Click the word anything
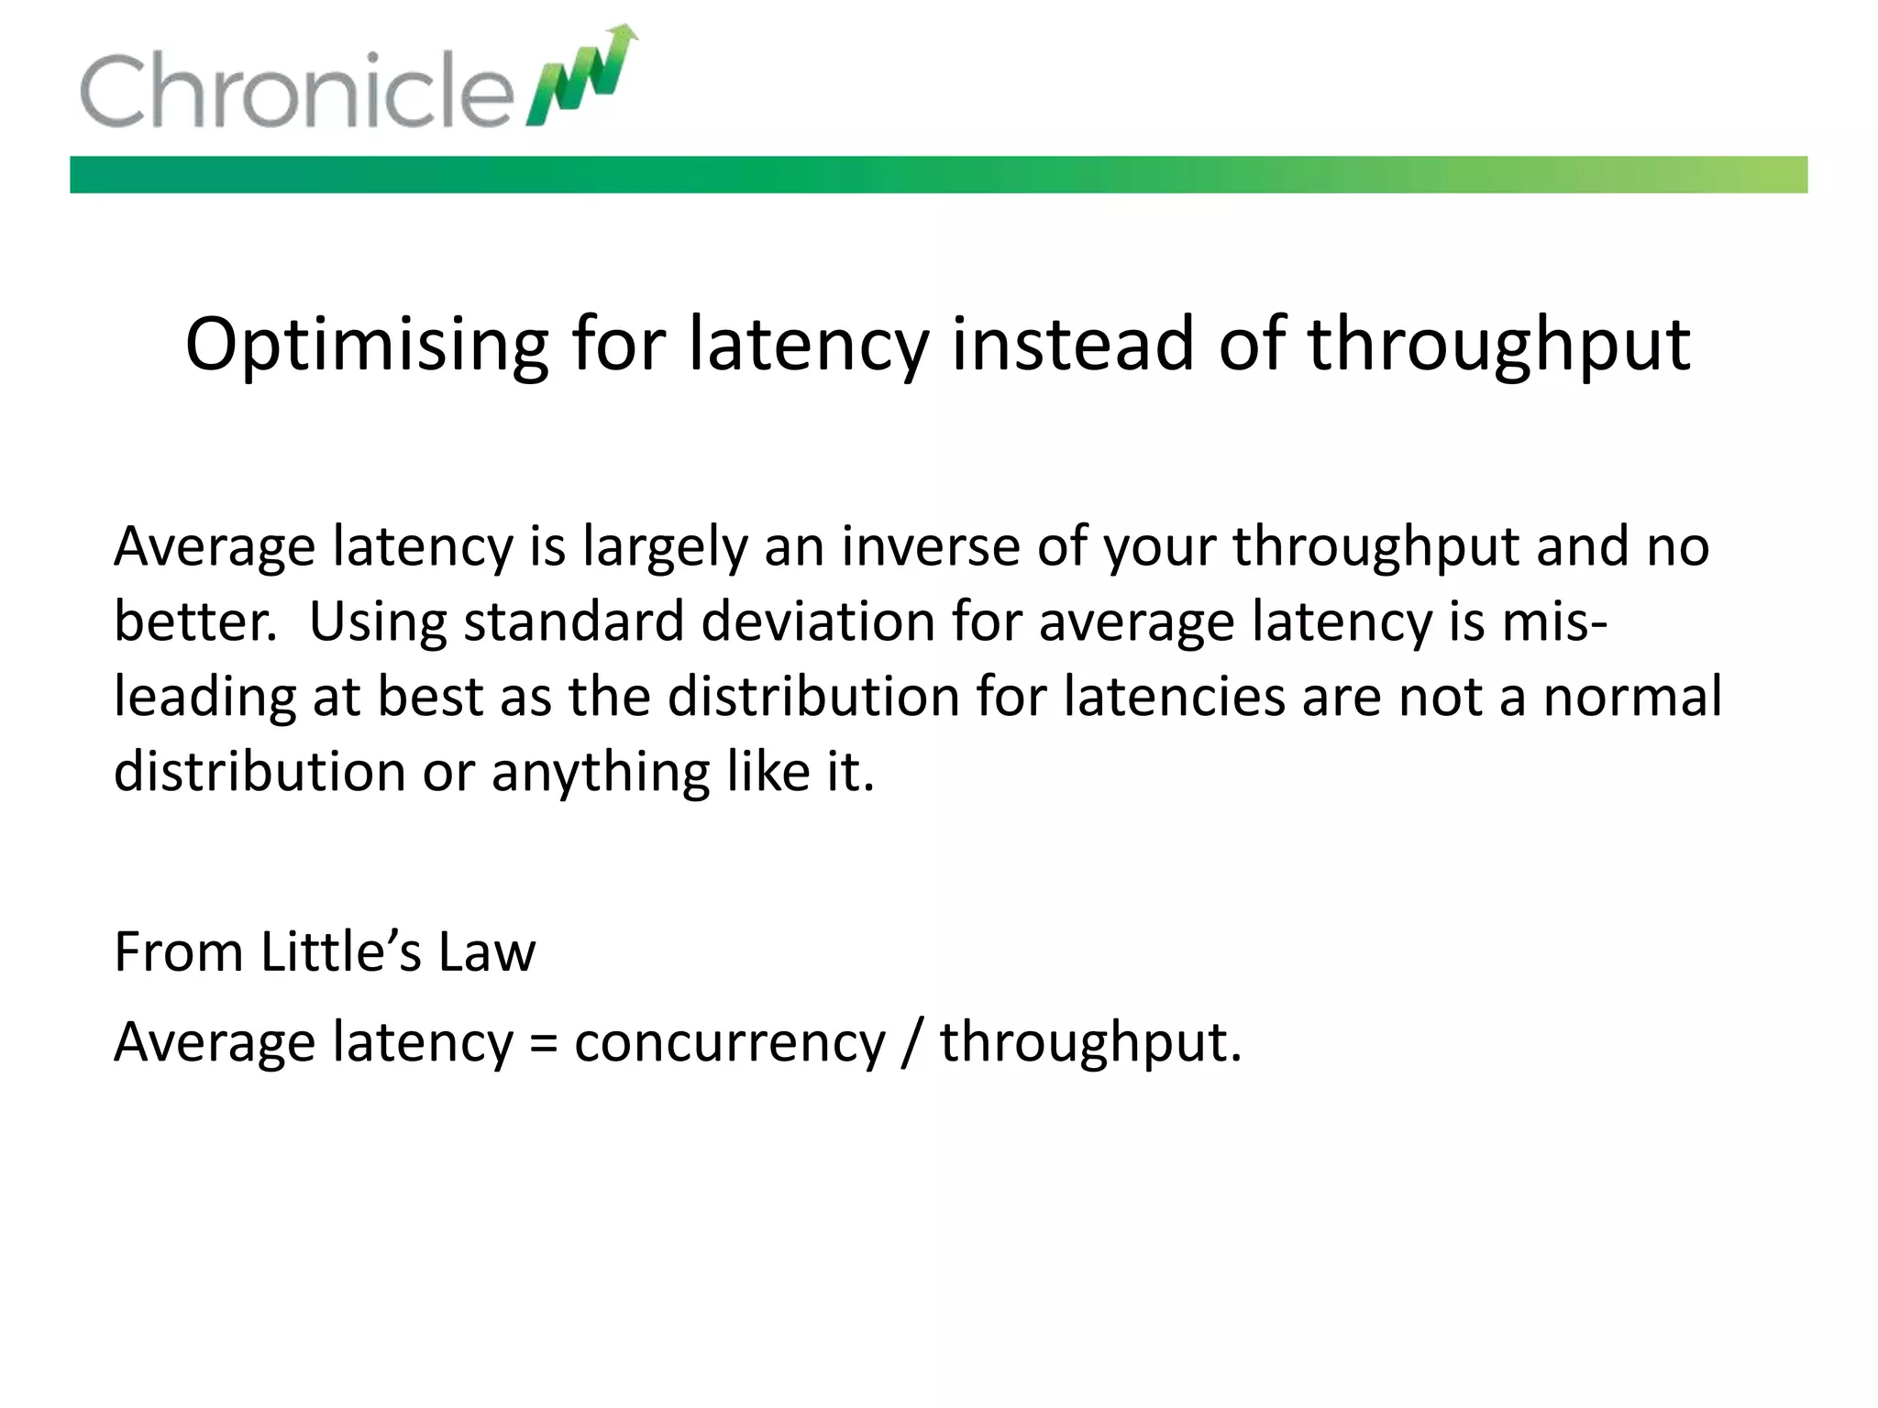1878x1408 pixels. pos(601,772)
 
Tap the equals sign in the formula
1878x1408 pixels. pos(544,1043)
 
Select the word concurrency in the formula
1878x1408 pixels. pos(730,1043)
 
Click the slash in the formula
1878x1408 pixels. pos(911,1043)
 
